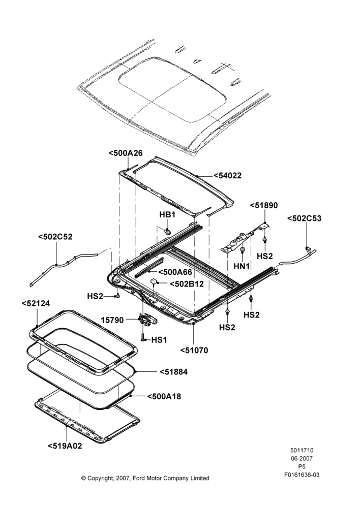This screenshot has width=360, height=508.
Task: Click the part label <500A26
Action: click(x=126, y=153)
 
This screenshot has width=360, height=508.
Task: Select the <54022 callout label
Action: click(x=228, y=176)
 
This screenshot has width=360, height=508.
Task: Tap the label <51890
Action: click(x=264, y=205)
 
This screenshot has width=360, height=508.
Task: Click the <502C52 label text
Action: click(x=55, y=237)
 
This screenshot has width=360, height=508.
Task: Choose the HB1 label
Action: click(x=167, y=215)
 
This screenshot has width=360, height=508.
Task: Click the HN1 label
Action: click(x=242, y=266)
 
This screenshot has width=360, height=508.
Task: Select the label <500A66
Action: click(x=175, y=272)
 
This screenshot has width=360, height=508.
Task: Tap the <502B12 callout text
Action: click(x=187, y=284)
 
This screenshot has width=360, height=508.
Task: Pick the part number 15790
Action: click(x=112, y=321)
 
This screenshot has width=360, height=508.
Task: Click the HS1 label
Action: click(x=159, y=340)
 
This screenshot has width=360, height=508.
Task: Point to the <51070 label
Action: click(x=194, y=350)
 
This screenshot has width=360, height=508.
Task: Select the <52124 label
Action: click(x=36, y=304)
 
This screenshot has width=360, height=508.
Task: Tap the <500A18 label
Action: click(x=164, y=396)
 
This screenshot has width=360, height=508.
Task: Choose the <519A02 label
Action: click(x=65, y=446)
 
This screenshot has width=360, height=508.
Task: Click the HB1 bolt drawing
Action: click(x=168, y=232)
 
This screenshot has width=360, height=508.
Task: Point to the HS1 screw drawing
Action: click(x=143, y=337)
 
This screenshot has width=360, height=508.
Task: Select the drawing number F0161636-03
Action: click(x=302, y=475)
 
